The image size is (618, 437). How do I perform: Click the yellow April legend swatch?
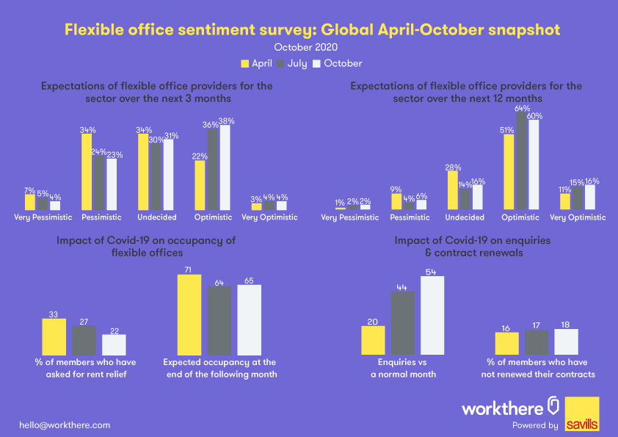(x=247, y=64)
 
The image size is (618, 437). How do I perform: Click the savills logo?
(x=582, y=414)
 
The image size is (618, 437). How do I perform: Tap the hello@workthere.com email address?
(x=65, y=425)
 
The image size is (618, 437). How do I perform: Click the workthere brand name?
(x=502, y=408)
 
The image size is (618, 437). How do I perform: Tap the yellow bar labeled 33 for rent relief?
(x=54, y=336)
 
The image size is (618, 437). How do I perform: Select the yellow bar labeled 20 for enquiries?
(x=374, y=340)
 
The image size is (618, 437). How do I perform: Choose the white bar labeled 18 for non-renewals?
(x=566, y=342)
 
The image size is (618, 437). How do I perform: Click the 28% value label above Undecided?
(x=452, y=166)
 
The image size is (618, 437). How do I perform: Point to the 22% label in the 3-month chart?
(x=200, y=156)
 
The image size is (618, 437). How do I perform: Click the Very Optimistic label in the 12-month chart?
(x=578, y=217)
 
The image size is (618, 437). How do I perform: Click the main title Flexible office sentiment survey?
(x=312, y=29)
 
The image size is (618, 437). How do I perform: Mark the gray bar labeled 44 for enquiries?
(x=403, y=323)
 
